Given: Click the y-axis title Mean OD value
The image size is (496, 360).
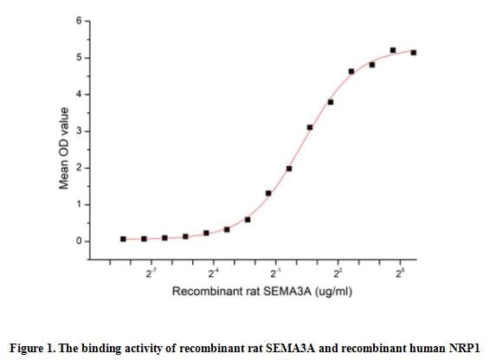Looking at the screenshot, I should point(64,146).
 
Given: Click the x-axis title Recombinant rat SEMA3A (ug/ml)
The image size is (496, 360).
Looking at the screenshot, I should point(261,292).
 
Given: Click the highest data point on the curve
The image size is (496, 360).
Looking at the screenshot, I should point(393,50).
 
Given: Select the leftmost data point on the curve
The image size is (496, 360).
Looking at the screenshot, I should point(123,239).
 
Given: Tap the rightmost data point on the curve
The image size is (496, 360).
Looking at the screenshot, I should point(414,53).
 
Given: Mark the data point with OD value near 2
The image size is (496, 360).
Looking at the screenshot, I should point(289,169).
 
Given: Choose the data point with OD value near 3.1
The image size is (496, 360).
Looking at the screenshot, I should point(310,127).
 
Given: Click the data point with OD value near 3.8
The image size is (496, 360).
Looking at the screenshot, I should point(331,102).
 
